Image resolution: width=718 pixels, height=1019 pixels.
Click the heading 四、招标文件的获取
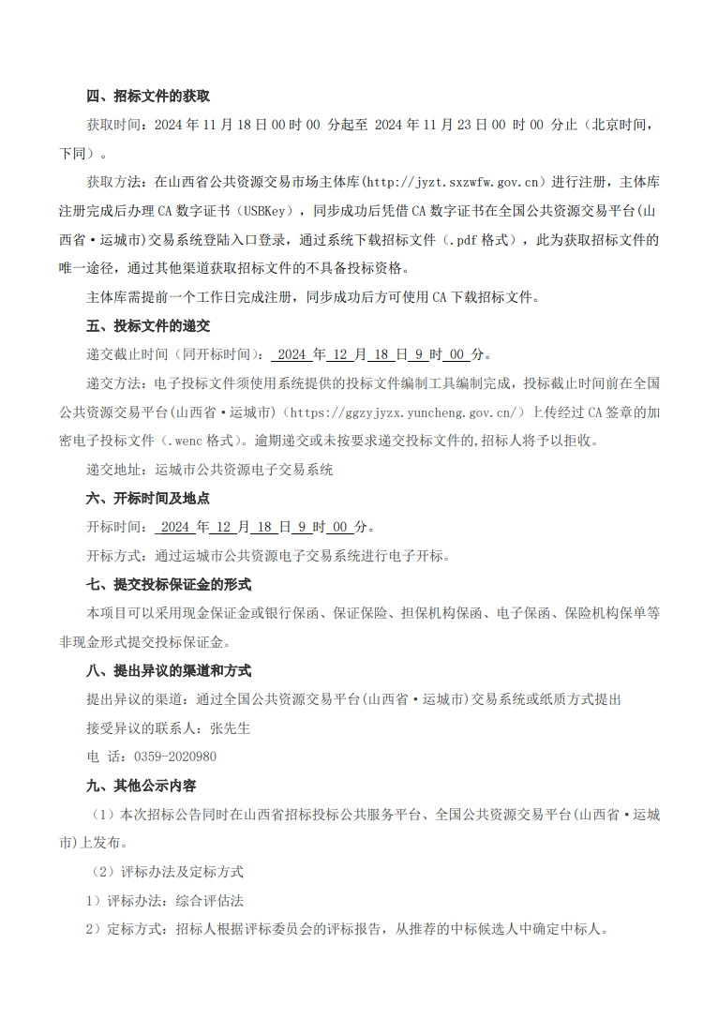[147, 96]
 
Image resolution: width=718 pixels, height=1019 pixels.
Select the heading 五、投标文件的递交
[147, 326]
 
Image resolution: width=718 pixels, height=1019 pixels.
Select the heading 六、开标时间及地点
[147, 499]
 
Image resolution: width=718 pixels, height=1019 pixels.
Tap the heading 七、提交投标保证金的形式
[168, 585]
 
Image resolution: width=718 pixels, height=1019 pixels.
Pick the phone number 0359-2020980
[175, 757]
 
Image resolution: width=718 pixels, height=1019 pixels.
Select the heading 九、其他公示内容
[141, 786]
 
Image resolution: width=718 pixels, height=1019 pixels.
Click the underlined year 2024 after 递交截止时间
[292, 355]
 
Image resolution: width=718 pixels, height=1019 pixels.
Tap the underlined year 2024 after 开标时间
[175, 528]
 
